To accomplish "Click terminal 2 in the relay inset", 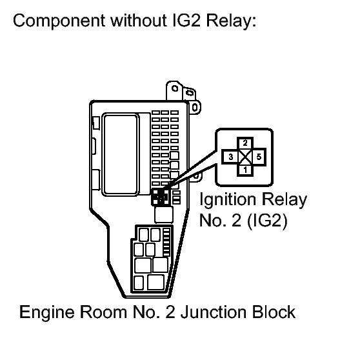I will coord(245,143).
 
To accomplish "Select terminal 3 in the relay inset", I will coord(231,157).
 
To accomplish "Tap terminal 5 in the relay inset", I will coord(259,157).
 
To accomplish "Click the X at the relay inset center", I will coord(245,157).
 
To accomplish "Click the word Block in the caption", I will coord(274,314).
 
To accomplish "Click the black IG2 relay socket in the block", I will coord(160,198).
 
